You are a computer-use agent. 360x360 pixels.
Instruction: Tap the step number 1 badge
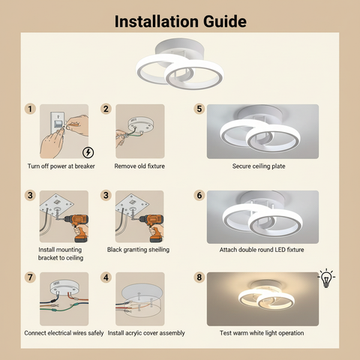[x=31, y=109]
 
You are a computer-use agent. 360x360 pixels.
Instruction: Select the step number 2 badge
[x=106, y=109]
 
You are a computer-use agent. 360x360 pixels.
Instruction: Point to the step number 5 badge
[x=199, y=109]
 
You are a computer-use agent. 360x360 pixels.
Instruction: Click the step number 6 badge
[x=199, y=195]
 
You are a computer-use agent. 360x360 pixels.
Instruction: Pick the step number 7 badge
[x=31, y=277]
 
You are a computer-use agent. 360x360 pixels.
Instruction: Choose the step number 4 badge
[x=106, y=277]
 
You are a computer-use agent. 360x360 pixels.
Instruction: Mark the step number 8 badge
[x=199, y=277]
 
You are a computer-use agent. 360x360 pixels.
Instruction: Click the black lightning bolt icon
[x=88, y=153]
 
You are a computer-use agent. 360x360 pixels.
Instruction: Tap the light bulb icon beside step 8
[x=326, y=278]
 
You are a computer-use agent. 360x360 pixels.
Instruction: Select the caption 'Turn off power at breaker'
[x=61, y=166]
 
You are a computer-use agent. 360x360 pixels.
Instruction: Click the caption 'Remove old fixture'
[x=139, y=166]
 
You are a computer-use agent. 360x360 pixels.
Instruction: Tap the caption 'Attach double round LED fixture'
[x=262, y=249]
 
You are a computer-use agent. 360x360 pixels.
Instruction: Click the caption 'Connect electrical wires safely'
[x=64, y=332]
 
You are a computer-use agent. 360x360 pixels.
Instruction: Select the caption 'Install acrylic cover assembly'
[x=146, y=332]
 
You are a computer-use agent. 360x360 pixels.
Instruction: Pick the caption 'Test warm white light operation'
[x=262, y=332]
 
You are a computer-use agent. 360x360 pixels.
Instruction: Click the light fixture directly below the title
[x=180, y=68]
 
